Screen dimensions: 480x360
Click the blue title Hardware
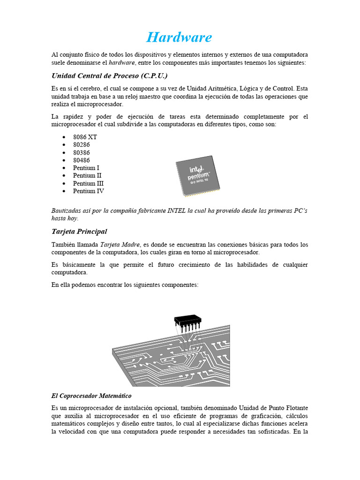point(179,37)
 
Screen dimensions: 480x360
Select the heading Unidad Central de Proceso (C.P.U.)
point(109,75)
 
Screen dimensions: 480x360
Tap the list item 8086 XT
point(85,137)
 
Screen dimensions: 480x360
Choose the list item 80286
point(82,145)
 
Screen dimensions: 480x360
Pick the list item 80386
point(82,152)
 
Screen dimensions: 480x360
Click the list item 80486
point(82,160)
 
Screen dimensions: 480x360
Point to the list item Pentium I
point(86,168)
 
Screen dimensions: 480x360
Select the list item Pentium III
point(88,183)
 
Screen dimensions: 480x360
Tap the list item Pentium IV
point(89,191)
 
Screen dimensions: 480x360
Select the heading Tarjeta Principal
point(79,231)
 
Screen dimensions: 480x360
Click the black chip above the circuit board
point(187,321)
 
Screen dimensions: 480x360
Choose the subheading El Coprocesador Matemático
point(91,396)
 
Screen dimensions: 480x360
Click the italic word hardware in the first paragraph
point(122,62)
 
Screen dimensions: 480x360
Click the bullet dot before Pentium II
point(63,176)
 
